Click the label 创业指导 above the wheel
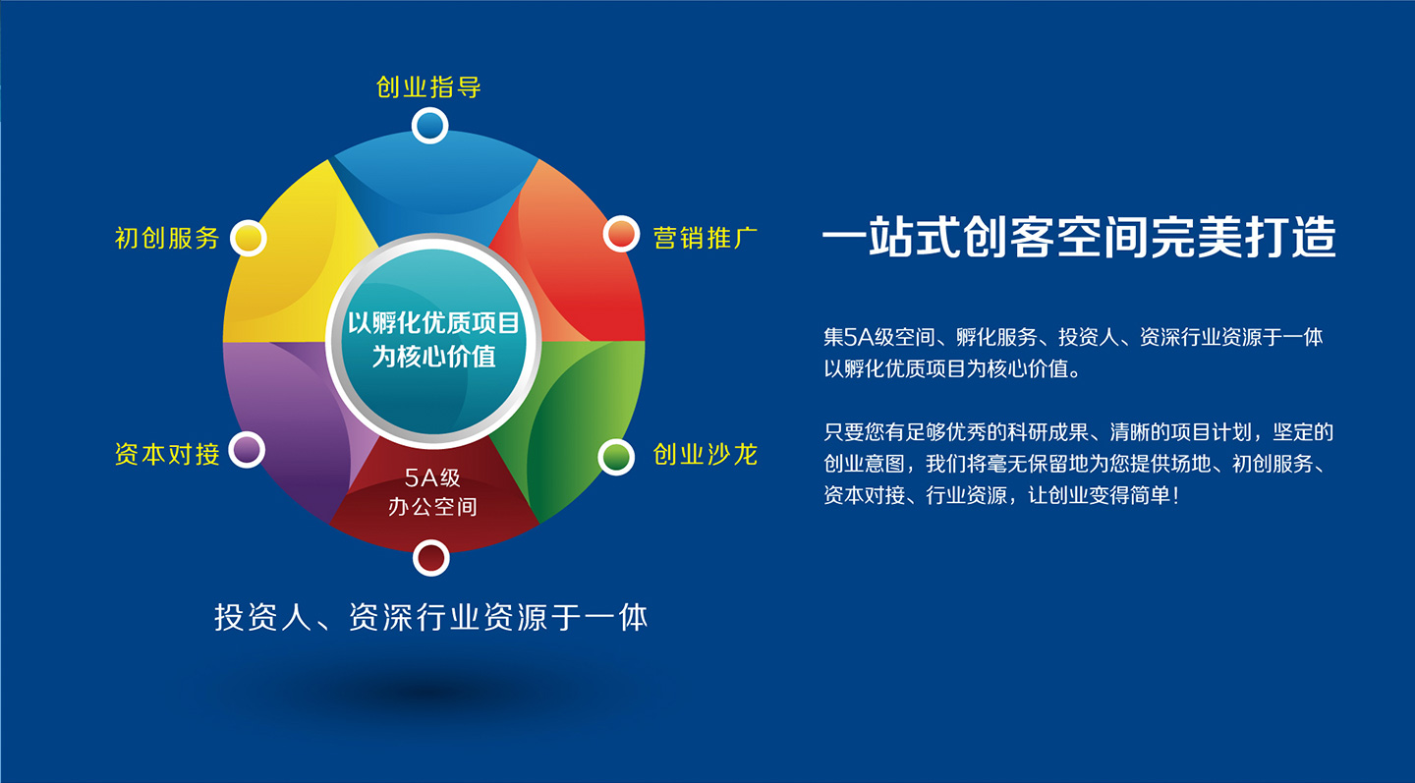pyautogui.click(x=428, y=87)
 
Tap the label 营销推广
pyautogui.click(x=706, y=237)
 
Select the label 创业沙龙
pyautogui.click(x=706, y=455)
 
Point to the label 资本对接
pyautogui.click(x=167, y=454)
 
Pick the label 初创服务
pyautogui.click(x=167, y=238)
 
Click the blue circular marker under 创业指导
pyautogui.click(x=429, y=126)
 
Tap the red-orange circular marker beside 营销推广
pyautogui.click(x=621, y=234)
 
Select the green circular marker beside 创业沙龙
pyautogui.click(x=616, y=456)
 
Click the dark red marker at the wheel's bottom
pyautogui.click(x=430, y=557)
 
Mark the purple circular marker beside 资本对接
pyautogui.click(x=247, y=450)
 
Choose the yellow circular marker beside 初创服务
pyautogui.click(x=249, y=238)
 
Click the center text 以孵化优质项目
pyautogui.click(x=433, y=322)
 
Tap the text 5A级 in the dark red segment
pyautogui.click(x=432, y=479)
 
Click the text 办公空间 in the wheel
pyautogui.click(x=432, y=507)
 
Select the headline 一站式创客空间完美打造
pyautogui.click(x=1079, y=238)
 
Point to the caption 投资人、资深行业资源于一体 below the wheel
pyautogui.click(x=431, y=618)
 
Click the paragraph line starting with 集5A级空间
pyautogui.click(x=1073, y=338)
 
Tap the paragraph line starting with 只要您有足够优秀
pyautogui.click(x=1078, y=432)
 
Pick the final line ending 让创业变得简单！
pyautogui.click(x=1000, y=496)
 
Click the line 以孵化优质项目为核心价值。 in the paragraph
pyautogui.click(x=952, y=370)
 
